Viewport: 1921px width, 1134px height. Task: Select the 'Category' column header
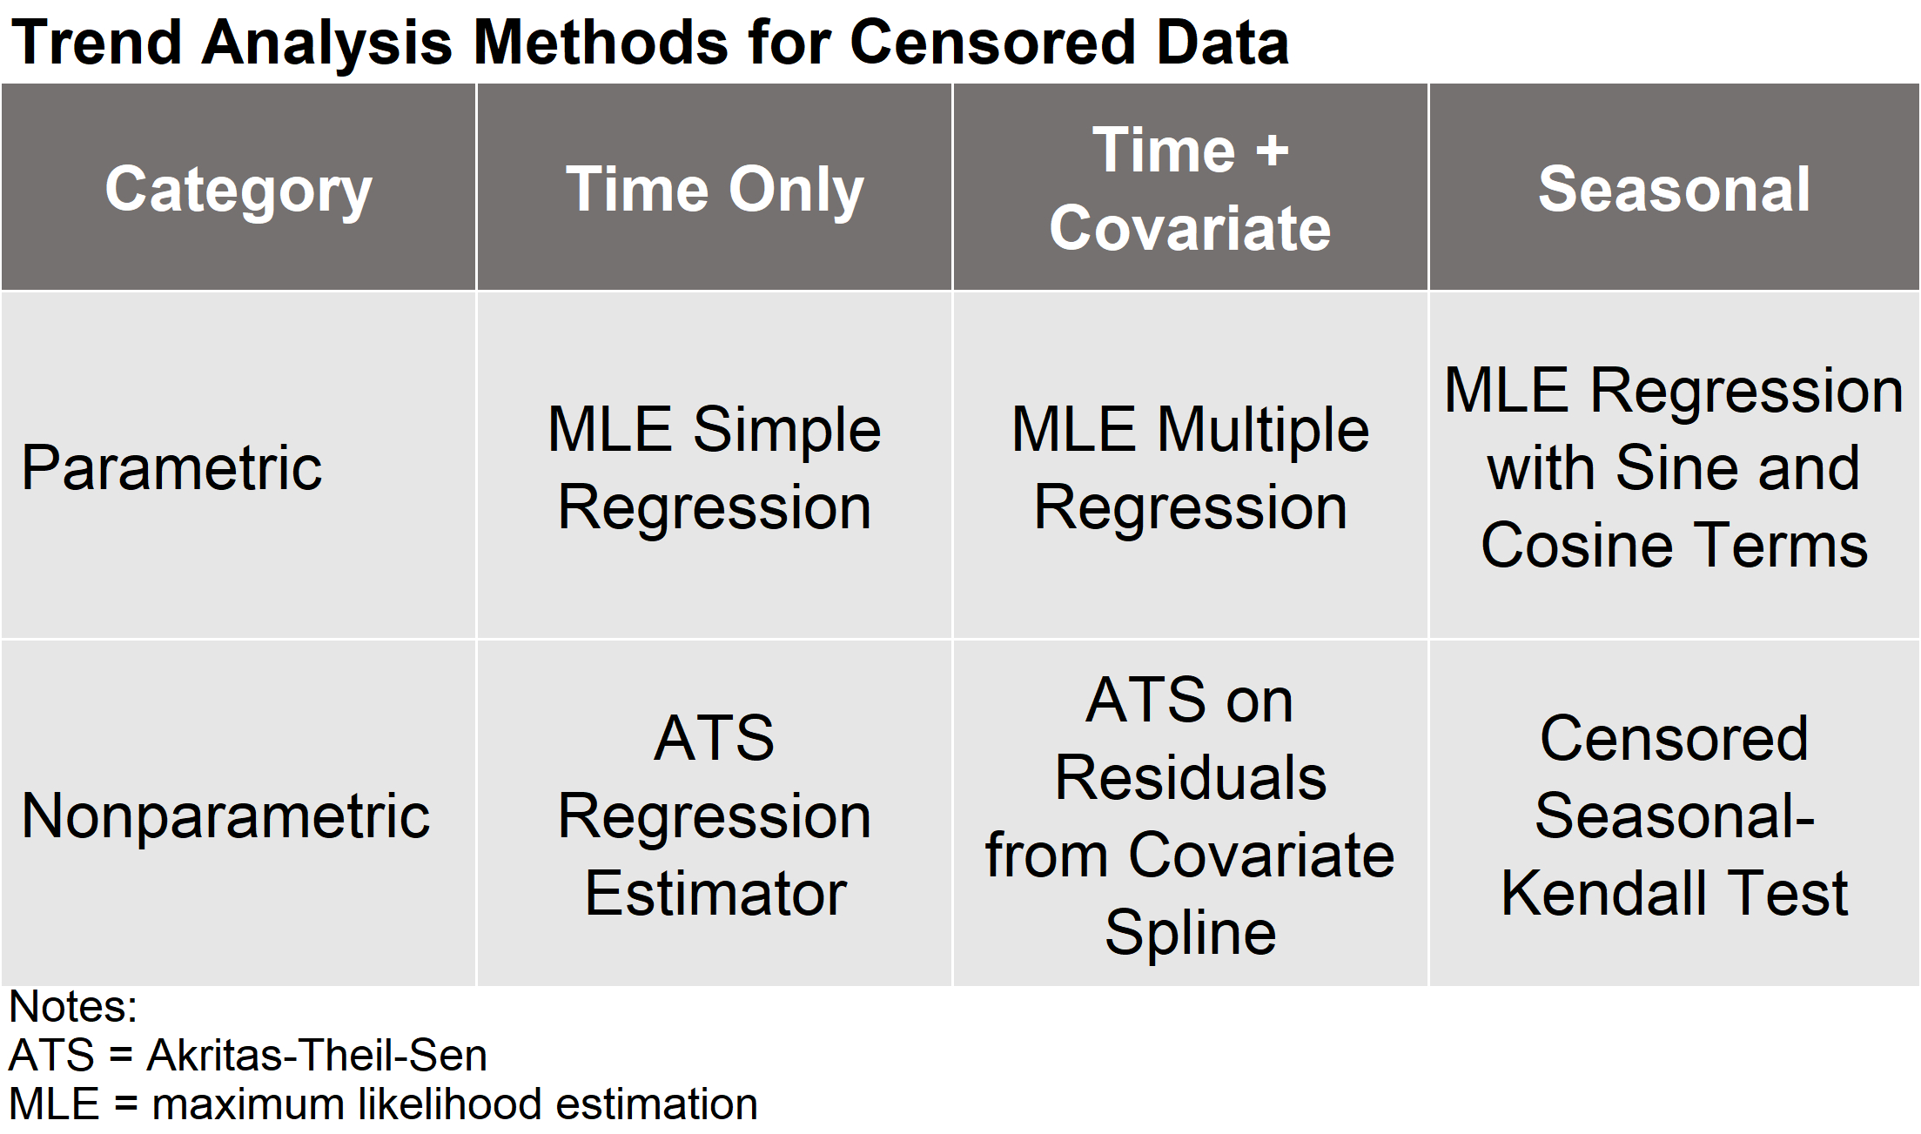click(x=238, y=191)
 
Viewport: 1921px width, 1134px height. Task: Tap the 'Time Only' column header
click(x=715, y=191)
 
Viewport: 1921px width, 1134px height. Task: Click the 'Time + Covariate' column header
click(x=1191, y=189)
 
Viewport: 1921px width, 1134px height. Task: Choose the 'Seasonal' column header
click(x=1675, y=189)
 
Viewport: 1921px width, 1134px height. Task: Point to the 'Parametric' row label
click(x=171, y=467)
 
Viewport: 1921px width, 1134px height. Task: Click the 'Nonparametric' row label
click(x=225, y=816)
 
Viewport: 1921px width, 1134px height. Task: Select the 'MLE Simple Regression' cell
click(x=715, y=467)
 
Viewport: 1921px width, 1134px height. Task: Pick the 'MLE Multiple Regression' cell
click(x=1191, y=467)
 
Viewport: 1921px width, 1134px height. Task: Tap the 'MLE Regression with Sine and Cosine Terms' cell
click(x=1675, y=467)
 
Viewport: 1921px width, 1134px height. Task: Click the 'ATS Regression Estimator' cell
click(x=715, y=815)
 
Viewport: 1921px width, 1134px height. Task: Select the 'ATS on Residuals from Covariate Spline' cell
click(x=1191, y=815)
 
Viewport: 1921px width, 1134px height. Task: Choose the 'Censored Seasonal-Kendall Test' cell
click(x=1675, y=815)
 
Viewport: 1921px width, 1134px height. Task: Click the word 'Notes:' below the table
click(x=73, y=1007)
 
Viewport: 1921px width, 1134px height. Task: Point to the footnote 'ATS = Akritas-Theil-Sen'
click(x=247, y=1056)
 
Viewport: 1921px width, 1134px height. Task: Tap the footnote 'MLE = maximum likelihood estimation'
click(x=383, y=1104)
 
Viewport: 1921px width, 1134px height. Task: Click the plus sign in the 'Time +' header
click(x=1272, y=151)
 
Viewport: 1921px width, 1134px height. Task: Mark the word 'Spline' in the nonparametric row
click(x=1191, y=933)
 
